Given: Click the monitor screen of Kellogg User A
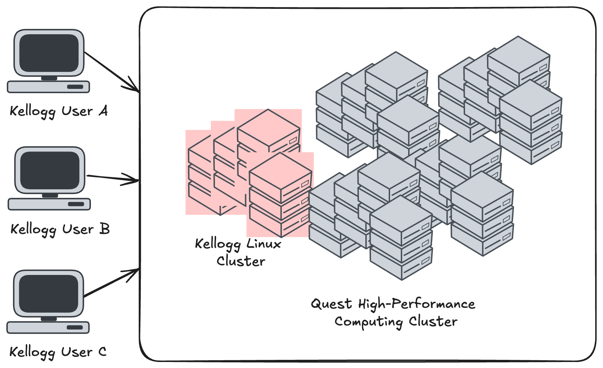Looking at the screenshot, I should pyautogui.click(x=49, y=53).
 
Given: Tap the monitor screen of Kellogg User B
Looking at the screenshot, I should pyautogui.click(x=50, y=171).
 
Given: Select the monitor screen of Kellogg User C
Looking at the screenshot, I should pyautogui.click(x=48, y=294).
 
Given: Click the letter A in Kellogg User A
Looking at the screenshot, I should pyautogui.click(x=103, y=111).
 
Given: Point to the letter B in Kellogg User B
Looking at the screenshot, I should pyautogui.click(x=105, y=229).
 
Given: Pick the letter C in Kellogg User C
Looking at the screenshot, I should pyautogui.click(x=102, y=352).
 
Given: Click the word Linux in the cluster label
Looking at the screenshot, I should pyautogui.click(x=263, y=244).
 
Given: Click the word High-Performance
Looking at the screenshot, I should pyautogui.click(x=416, y=304).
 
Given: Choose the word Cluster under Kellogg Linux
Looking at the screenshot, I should pyautogui.click(x=241, y=261).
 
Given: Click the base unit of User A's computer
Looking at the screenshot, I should pyautogui.click(x=48, y=87).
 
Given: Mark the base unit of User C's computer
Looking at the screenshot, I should pyautogui.click(x=48, y=327).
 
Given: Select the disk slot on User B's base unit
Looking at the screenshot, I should pyautogui.click(x=76, y=204).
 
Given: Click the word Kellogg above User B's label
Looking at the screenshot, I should pyautogui.click(x=34, y=230).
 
